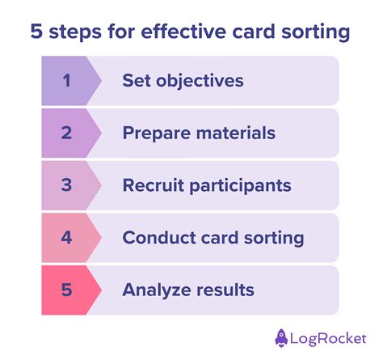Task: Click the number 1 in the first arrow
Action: click(x=66, y=80)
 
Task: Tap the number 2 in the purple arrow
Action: click(x=66, y=133)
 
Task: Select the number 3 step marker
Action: click(x=66, y=185)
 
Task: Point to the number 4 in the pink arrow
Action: click(x=66, y=238)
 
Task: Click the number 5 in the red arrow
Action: click(x=66, y=290)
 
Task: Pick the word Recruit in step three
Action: click(x=152, y=185)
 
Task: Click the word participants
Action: click(x=239, y=186)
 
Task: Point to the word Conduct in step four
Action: click(x=156, y=238)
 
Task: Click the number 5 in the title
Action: click(x=37, y=32)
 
